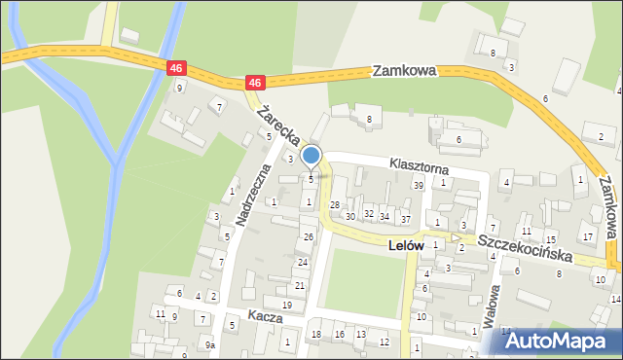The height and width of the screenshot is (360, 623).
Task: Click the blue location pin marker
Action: coord(311,156)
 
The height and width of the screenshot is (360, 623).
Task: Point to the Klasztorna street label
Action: coord(421,165)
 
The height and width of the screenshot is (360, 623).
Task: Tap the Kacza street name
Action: coord(264,317)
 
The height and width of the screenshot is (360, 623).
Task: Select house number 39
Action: coord(419,185)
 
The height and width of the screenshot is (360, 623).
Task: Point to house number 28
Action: coord(334,204)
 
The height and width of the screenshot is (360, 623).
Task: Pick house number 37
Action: coord(405,219)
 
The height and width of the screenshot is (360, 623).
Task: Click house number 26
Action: coord(309,237)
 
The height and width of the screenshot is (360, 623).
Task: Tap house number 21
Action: coord(300,285)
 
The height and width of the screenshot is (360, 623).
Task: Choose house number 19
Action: coord(286,306)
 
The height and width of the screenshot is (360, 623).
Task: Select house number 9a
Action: coord(209,344)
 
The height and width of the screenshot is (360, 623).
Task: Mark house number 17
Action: coord(586,236)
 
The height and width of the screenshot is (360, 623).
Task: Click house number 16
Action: coord(339,335)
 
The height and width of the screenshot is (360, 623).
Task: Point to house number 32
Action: coord(368,213)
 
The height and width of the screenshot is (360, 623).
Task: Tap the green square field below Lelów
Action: coord(361,283)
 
